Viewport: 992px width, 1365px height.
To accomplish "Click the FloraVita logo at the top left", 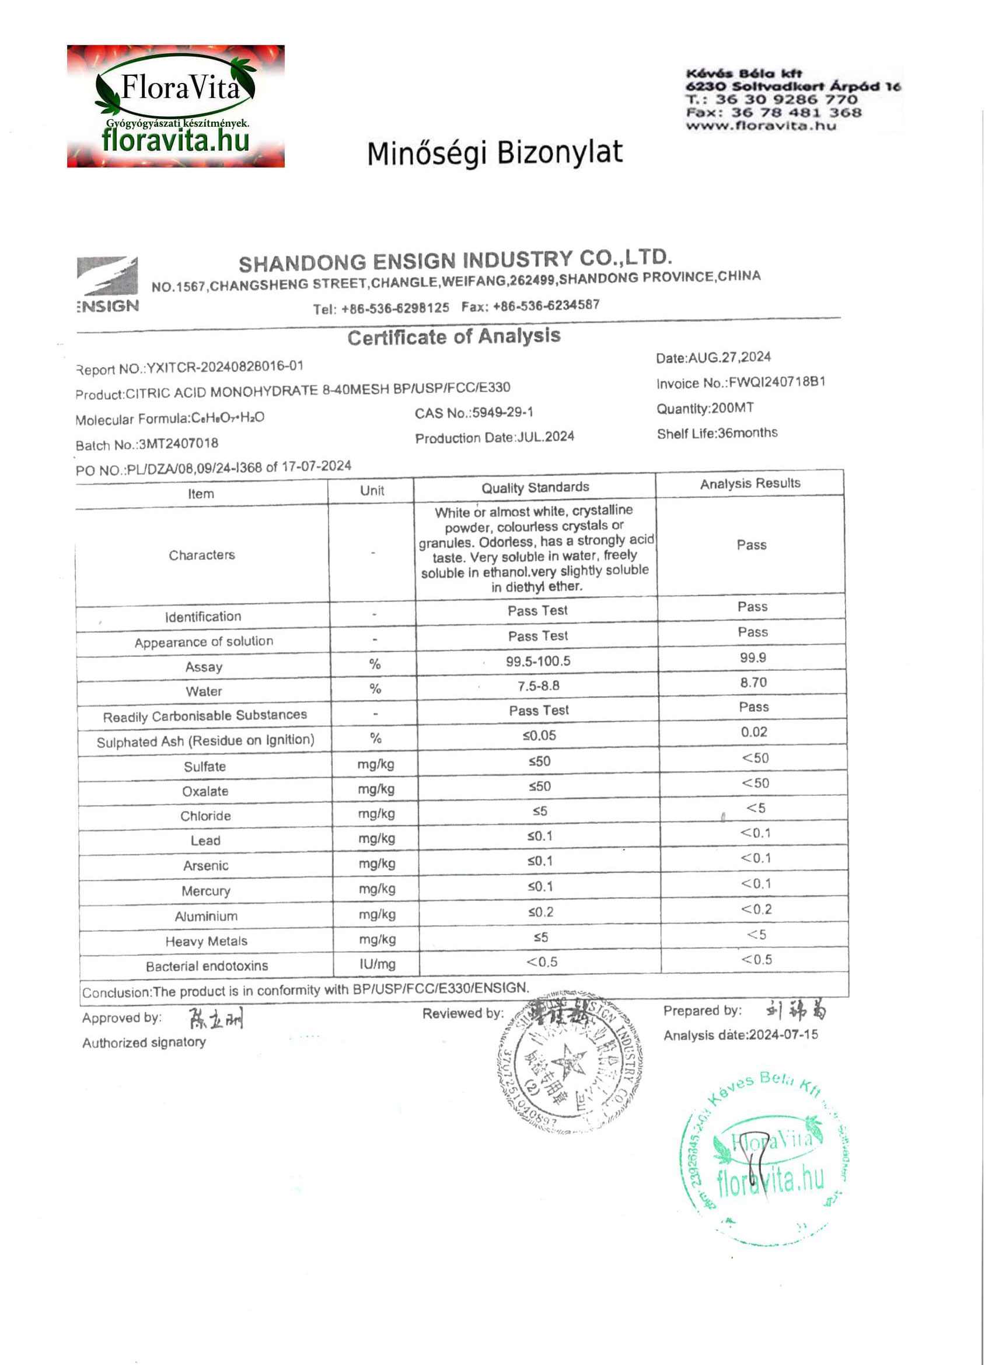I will tap(175, 106).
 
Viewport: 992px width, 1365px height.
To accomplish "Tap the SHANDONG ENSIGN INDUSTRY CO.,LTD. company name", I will tap(455, 260).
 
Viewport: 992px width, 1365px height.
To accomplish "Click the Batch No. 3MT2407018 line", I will tap(147, 444).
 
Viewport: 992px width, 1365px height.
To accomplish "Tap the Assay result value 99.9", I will tap(753, 657).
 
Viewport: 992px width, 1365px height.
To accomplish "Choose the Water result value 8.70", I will tap(753, 682).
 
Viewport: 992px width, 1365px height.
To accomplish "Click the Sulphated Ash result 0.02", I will tap(754, 732).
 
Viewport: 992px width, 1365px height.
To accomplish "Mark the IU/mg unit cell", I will tap(377, 963).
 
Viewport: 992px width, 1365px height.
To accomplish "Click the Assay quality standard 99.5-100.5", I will tap(538, 661).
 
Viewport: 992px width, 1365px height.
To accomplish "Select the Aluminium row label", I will tap(206, 916).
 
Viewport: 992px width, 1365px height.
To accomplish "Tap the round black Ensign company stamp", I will tap(569, 1064).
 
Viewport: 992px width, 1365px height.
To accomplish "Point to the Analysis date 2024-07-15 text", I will tap(740, 1035).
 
